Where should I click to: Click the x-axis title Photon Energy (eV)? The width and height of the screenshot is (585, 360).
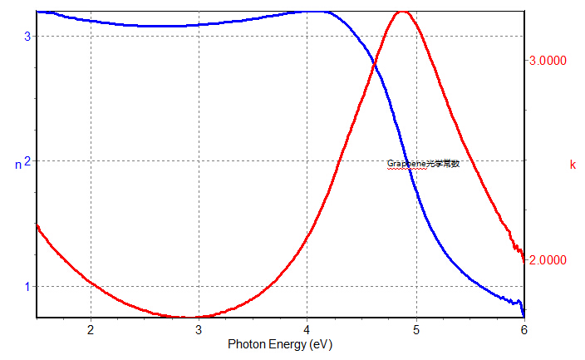[280, 343]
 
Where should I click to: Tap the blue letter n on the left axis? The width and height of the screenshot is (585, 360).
[18, 165]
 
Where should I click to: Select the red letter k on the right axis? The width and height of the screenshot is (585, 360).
[573, 165]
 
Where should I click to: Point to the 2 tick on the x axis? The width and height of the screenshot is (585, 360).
[90, 329]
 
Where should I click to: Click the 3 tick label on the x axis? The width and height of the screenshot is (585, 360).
[199, 329]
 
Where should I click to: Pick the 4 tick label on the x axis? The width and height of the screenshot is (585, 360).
[307, 329]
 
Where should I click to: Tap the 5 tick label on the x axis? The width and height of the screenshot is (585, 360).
[415, 329]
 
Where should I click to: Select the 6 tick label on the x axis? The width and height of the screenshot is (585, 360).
[524, 329]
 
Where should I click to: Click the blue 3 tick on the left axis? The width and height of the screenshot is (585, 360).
[27, 37]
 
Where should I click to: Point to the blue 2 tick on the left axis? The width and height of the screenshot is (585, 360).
[27, 161]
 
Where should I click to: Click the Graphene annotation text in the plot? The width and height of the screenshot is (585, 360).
[423, 164]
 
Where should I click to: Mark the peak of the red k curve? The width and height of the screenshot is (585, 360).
[402, 12]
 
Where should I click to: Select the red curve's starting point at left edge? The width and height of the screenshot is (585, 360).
[37, 225]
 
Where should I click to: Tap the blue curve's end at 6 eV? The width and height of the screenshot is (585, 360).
[524, 314]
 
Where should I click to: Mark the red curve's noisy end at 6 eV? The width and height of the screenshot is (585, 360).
[524, 259]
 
